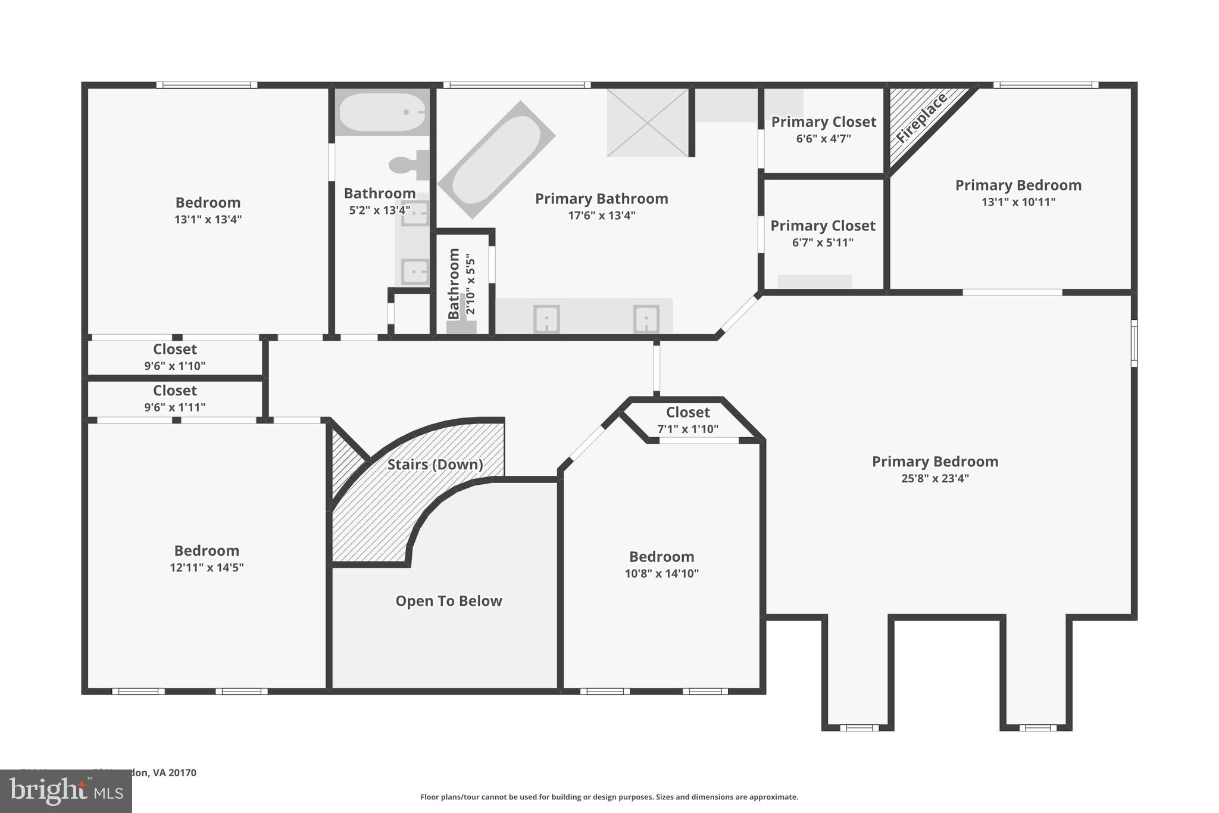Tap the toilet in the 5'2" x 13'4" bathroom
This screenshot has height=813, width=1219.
click(x=407, y=165)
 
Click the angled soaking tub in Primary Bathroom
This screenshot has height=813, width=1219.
click(x=496, y=160)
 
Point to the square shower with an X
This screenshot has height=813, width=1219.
click(x=648, y=123)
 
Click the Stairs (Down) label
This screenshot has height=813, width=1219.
click(x=435, y=465)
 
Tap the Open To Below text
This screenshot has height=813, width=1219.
click(x=449, y=601)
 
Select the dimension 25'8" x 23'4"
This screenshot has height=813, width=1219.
click(x=934, y=478)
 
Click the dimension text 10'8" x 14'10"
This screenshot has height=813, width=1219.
click(x=661, y=574)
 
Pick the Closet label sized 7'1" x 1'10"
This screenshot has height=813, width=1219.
click(x=687, y=412)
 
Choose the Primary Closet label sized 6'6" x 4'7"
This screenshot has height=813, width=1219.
click(x=823, y=122)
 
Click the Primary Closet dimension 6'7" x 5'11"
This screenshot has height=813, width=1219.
click(x=823, y=243)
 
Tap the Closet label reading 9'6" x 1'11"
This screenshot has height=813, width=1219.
click(x=174, y=391)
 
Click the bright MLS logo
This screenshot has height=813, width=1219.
click(x=65, y=792)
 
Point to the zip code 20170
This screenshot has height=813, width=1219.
click(x=182, y=772)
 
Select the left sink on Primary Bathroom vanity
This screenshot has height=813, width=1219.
click(x=546, y=319)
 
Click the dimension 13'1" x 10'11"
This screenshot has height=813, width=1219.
click(x=1018, y=202)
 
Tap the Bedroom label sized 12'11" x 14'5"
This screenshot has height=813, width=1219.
click(x=207, y=550)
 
